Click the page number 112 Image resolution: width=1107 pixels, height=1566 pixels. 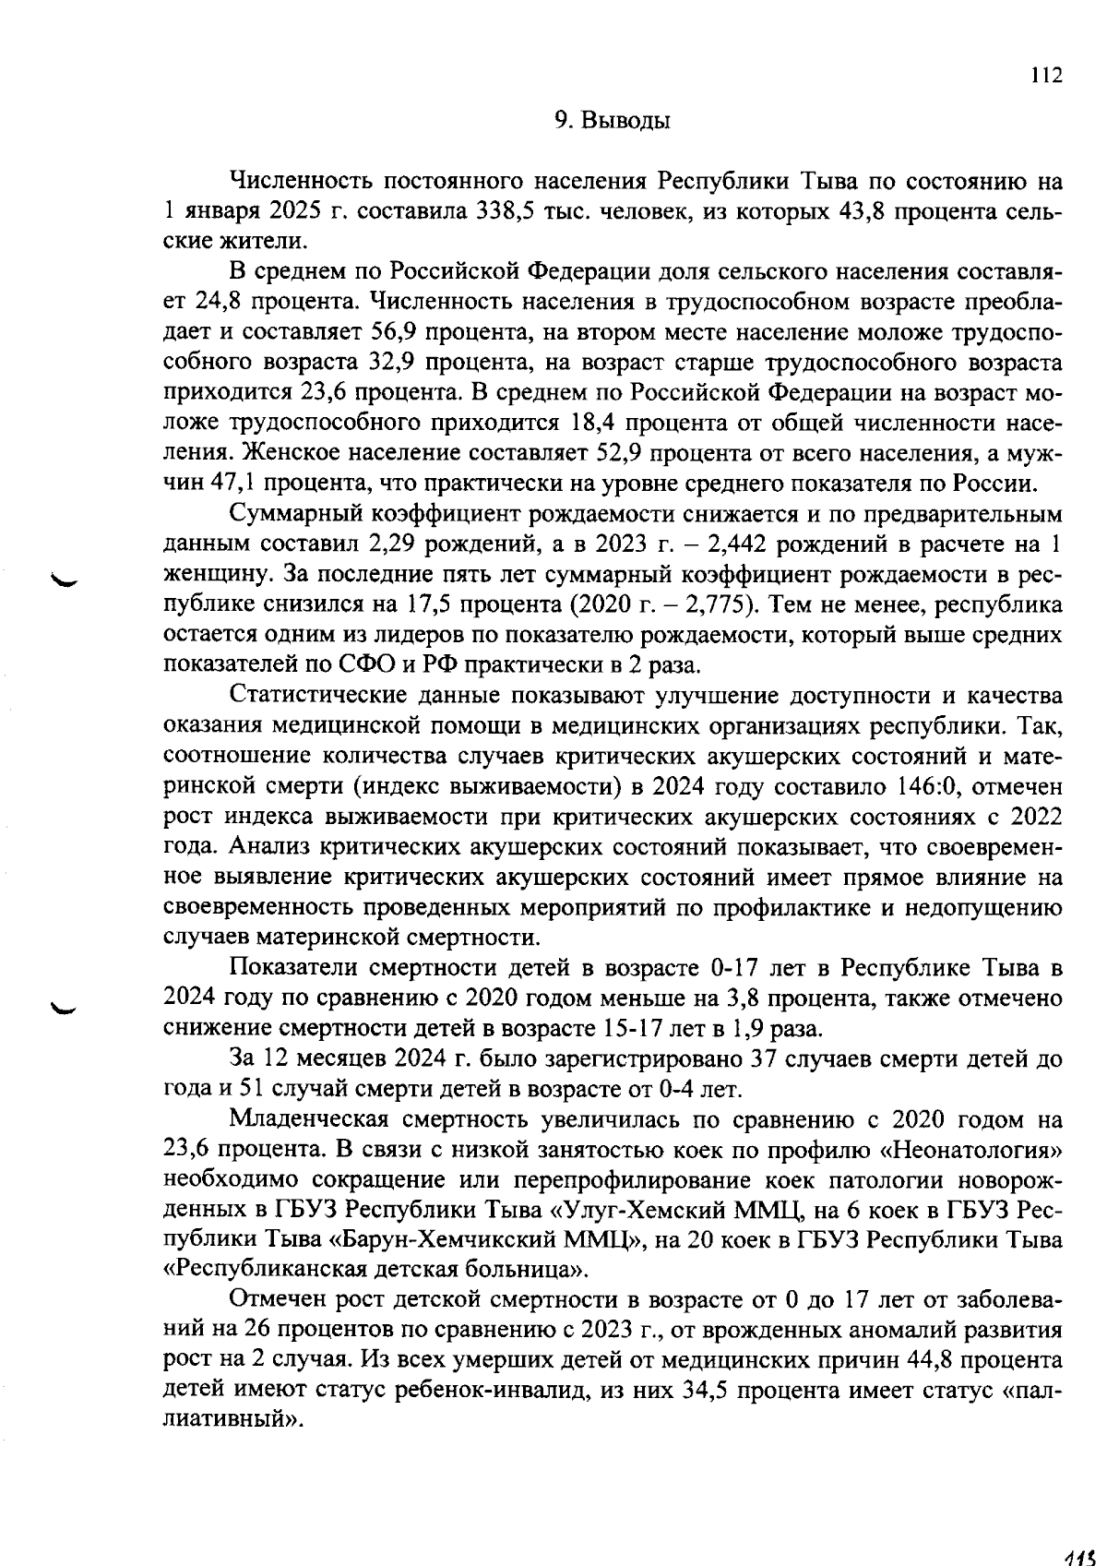1046,76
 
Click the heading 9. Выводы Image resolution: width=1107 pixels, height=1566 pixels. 612,121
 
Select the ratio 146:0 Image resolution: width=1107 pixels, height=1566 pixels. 927,786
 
